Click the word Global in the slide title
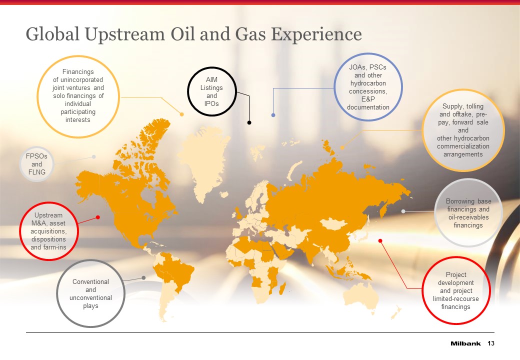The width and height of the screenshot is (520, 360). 52,34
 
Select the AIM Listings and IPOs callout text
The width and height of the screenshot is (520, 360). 211,91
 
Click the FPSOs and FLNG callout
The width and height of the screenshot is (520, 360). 37,164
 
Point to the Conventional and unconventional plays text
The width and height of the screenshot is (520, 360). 90,293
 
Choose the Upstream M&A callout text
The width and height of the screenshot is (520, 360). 48,231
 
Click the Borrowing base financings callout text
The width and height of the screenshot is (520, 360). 468,213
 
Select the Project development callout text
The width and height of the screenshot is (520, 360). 455,290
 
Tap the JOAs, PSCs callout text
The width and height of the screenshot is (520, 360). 368,87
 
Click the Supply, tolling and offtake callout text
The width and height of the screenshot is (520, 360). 463,130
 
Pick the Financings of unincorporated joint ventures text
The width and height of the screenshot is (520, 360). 78,96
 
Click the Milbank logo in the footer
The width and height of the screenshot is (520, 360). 465,343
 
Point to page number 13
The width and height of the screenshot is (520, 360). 491,343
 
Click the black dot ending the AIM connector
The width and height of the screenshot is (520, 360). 249,122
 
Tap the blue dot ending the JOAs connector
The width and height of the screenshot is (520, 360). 273,115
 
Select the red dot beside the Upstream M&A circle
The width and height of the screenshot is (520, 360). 98,217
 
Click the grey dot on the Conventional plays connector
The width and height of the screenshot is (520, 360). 143,278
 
